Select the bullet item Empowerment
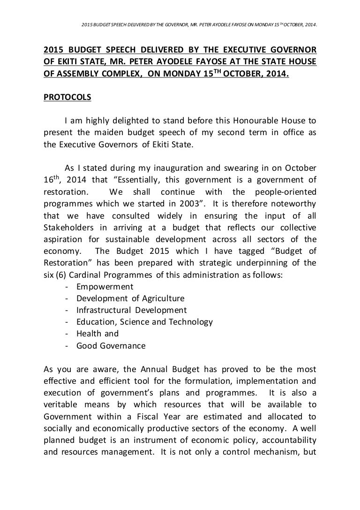tap(105, 286)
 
